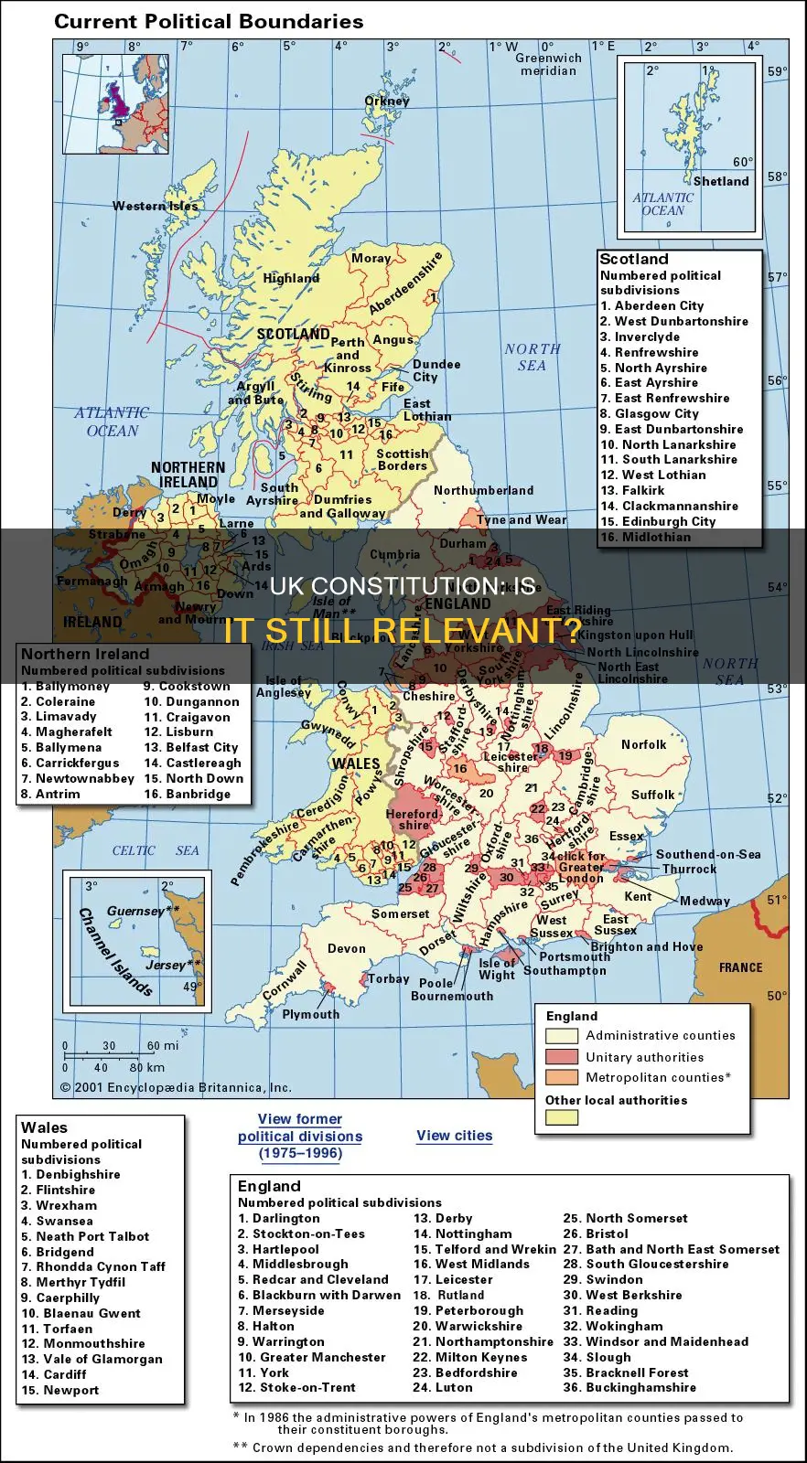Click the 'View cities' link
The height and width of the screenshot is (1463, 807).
[454, 1136]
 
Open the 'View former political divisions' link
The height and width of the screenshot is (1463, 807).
[300, 1136]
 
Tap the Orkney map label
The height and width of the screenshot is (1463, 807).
[387, 101]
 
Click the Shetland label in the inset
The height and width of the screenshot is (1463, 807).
[721, 181]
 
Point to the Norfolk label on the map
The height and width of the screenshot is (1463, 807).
[643, 744]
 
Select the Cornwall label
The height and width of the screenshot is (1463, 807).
[285, 980]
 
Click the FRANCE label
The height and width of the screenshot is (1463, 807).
[740, 967]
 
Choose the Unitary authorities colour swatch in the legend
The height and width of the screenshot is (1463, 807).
[561, 1057]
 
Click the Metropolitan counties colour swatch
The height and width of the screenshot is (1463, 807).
[561, 1077]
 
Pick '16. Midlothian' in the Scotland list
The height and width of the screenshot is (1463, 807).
[645, 537]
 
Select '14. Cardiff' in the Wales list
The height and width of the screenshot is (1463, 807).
[53, 1374]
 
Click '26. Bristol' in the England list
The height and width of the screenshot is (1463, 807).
[596, 1233]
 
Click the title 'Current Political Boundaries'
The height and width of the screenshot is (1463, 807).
[209, 21]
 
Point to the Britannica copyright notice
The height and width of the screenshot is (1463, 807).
[176, 1087]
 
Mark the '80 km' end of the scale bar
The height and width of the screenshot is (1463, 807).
[146, 1067]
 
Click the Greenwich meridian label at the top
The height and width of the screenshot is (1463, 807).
[548, 64]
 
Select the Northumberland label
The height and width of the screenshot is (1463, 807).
[483, 490]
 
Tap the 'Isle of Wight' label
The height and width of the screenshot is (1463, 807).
[497, 968]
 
